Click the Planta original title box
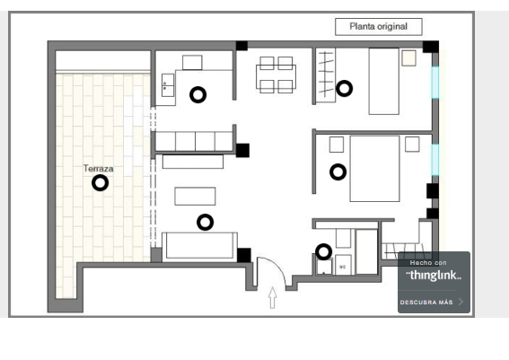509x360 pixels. [379, 27]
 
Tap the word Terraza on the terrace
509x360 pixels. [99, 169]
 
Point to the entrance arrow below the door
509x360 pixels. [273, 298]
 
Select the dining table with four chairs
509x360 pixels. [276, 75]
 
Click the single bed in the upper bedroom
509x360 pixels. [383, 81]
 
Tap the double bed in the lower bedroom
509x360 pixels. [374, 169]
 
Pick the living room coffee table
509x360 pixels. [195, 197]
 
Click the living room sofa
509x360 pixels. [199, 246]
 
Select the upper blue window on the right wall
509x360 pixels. [435, 83]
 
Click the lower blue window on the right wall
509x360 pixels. [435, 160]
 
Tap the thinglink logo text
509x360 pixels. [434, 276]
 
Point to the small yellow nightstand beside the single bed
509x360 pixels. [408, 58]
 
